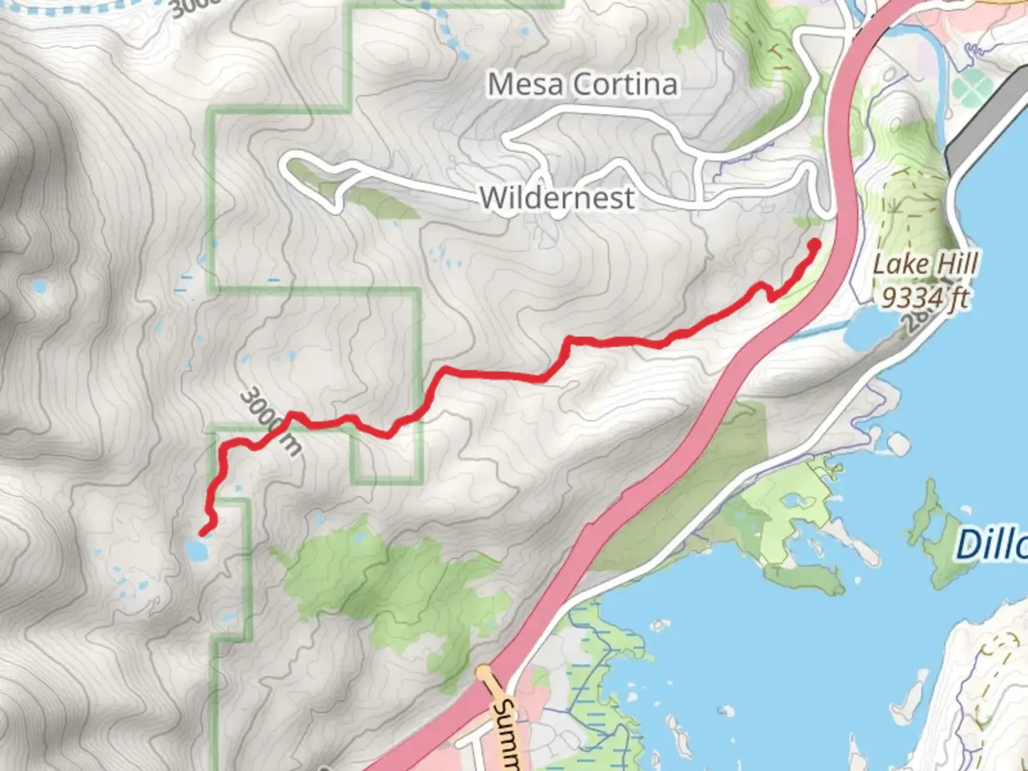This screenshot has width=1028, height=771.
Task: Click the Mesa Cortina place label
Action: pyautogui.click(x=582, y=85)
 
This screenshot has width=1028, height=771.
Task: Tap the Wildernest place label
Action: pyautogui.click(x=557, y=198)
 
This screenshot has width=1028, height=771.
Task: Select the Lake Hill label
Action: pyautogui.click(x=925, y=265)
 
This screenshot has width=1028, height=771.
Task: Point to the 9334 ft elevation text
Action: pyautogui.click(x=925, y=296)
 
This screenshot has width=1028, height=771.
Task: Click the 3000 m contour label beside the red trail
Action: pyautogui.click(x=271, y=421)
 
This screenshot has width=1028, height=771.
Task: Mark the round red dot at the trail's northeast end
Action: pyautogui.click(x=813, y=246)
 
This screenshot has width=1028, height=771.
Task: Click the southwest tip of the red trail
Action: pyautogui.click(x=203, y=532)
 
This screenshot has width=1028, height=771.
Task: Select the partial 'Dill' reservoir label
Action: pyautogui.click(x=992, y=546)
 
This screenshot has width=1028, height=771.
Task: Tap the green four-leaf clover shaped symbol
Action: pyautogui.click(x=968, y=89)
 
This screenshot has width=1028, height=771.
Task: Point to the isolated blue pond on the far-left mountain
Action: pyautogui.click(x=39, y=287)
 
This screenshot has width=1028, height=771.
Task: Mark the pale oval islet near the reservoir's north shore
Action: pyautogui.click(x=898, y=444)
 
